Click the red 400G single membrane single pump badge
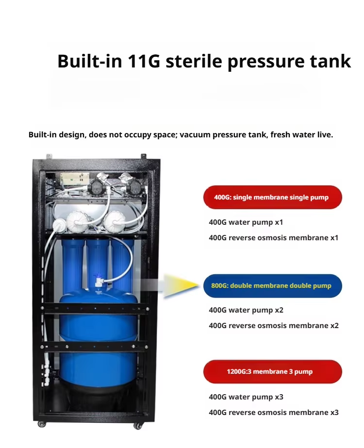coord(273,197)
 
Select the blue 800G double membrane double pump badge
coord(273,286)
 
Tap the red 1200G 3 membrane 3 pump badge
coord(273,371)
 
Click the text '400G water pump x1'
coord(246,222)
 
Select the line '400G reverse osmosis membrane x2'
coord(273,326)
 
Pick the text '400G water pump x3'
coord(246,397)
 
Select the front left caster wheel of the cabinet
coord(42,424)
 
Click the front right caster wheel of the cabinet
coord(138,426)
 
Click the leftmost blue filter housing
coord(73,264)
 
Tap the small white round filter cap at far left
coord(59,225)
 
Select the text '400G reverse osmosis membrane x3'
coord(273,413)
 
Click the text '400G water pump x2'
coord(246,310)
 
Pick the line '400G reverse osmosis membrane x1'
coord(273,238)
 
